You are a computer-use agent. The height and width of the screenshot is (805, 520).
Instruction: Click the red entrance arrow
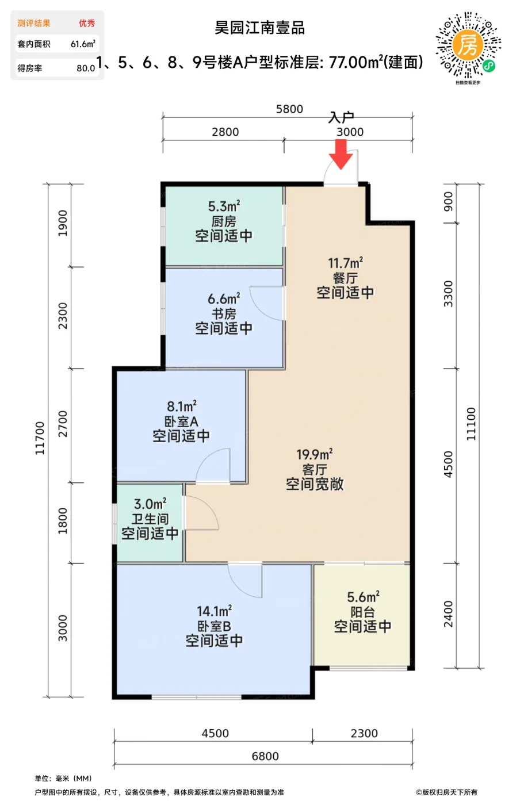341,155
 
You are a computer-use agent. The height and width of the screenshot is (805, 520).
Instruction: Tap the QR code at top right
468,45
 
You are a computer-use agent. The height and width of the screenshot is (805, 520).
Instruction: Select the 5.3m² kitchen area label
224,206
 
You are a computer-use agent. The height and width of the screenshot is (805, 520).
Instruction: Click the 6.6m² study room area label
224,299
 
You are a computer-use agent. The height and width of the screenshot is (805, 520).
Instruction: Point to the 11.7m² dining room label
345,263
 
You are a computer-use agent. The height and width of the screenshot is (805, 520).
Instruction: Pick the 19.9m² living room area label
315,454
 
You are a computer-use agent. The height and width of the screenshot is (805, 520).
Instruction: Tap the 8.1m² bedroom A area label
181,407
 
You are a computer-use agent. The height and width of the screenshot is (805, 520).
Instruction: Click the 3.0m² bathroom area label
150,504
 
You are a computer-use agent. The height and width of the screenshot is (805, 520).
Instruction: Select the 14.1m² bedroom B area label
214,611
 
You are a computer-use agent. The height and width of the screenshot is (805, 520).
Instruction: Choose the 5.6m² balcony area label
363,597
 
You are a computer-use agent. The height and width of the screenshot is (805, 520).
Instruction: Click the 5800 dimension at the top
289,109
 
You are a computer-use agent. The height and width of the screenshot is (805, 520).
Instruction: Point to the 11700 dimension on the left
40,438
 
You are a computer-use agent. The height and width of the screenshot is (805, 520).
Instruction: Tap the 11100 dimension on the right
471,424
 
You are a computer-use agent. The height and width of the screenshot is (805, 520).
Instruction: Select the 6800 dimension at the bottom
265,756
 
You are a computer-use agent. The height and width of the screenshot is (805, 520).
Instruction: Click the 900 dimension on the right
448,201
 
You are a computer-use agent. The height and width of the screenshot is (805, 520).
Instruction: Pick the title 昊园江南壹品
260,28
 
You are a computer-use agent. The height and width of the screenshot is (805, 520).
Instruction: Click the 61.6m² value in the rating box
83,44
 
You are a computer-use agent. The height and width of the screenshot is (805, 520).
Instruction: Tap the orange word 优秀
87,23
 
